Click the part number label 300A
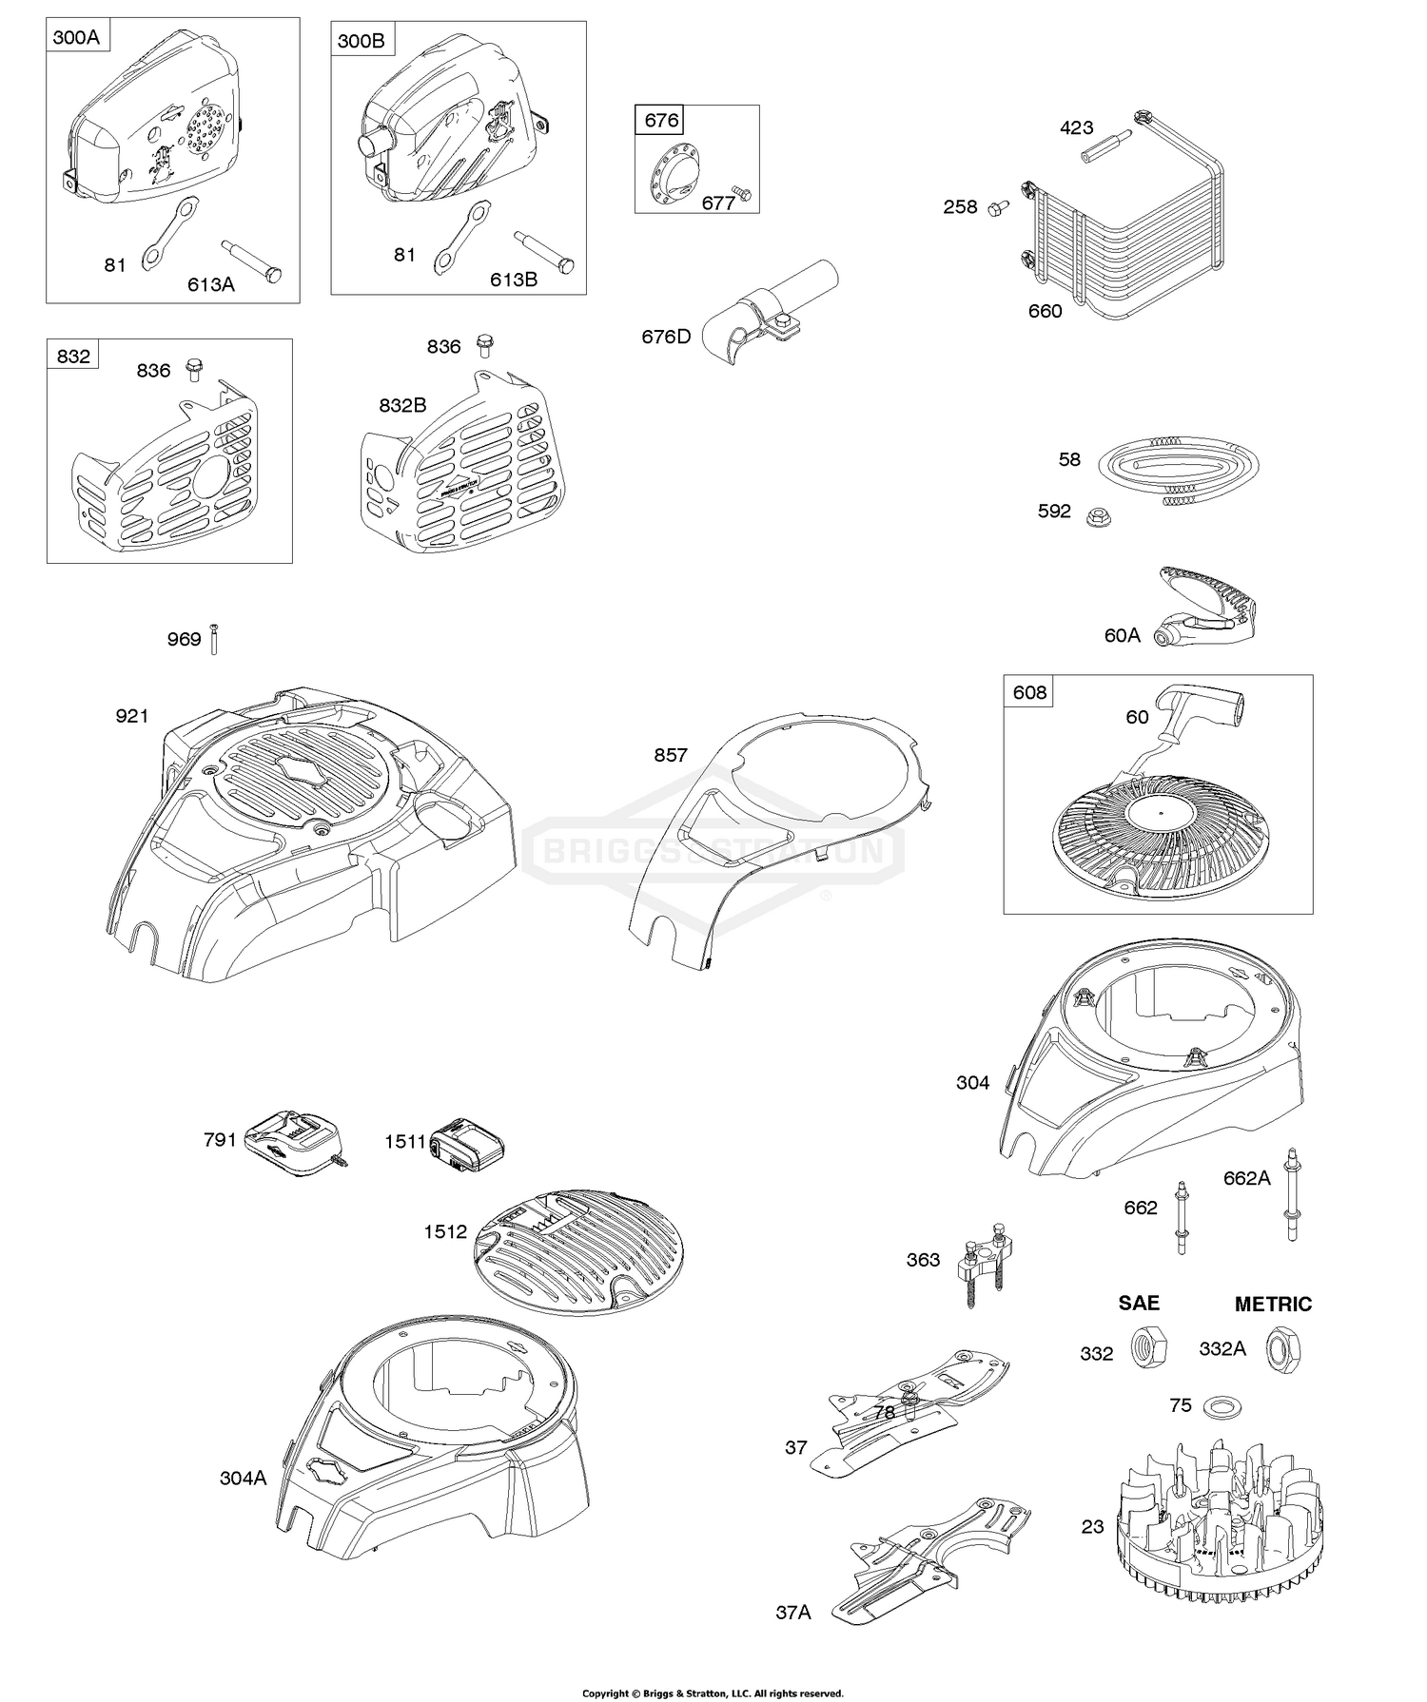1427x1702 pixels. pyautogui.click(x=75, y=38)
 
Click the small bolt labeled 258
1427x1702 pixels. pyautogui.click(x=998, y=206)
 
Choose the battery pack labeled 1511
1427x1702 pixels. pyautogui.click(x=466, y=1142)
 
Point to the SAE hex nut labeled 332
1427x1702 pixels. pyautogui.click(x=1142, y=1347)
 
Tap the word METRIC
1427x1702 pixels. pyautogui.click(x=1273, y=1305)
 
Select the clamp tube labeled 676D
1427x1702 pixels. pyautogui.click(x=772, y=315)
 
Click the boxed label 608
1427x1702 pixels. pyautogui.click(x=1029, y=692)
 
